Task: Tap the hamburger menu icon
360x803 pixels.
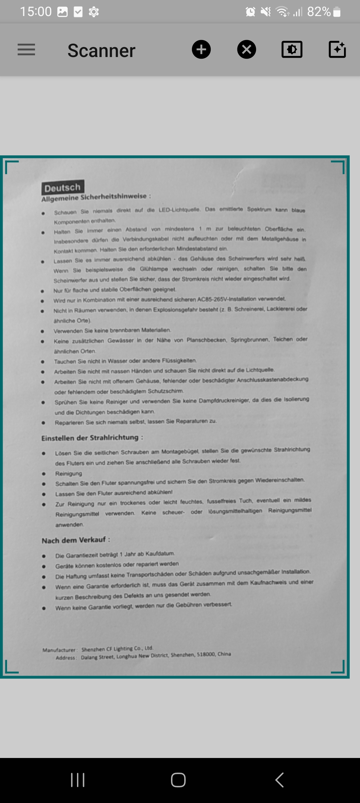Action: coord(26,50)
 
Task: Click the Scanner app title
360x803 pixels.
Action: coord(101,51)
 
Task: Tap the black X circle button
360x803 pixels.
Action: coord(246,50)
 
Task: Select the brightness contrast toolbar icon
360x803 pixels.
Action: coord(292,50)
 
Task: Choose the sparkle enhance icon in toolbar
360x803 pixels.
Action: coord(337,50)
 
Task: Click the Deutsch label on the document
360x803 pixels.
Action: coord(63,188)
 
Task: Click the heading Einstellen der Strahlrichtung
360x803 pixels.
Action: coord(90,438)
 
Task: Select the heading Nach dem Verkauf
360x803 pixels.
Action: coord(74,540)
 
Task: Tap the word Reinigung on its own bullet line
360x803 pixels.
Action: coord(69,474)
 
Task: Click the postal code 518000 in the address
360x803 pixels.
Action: coord(206,654)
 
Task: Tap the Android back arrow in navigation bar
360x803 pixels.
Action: coord(279,780)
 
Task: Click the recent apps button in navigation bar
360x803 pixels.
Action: coord(78,780)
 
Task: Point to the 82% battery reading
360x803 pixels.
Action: coord(319,12)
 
